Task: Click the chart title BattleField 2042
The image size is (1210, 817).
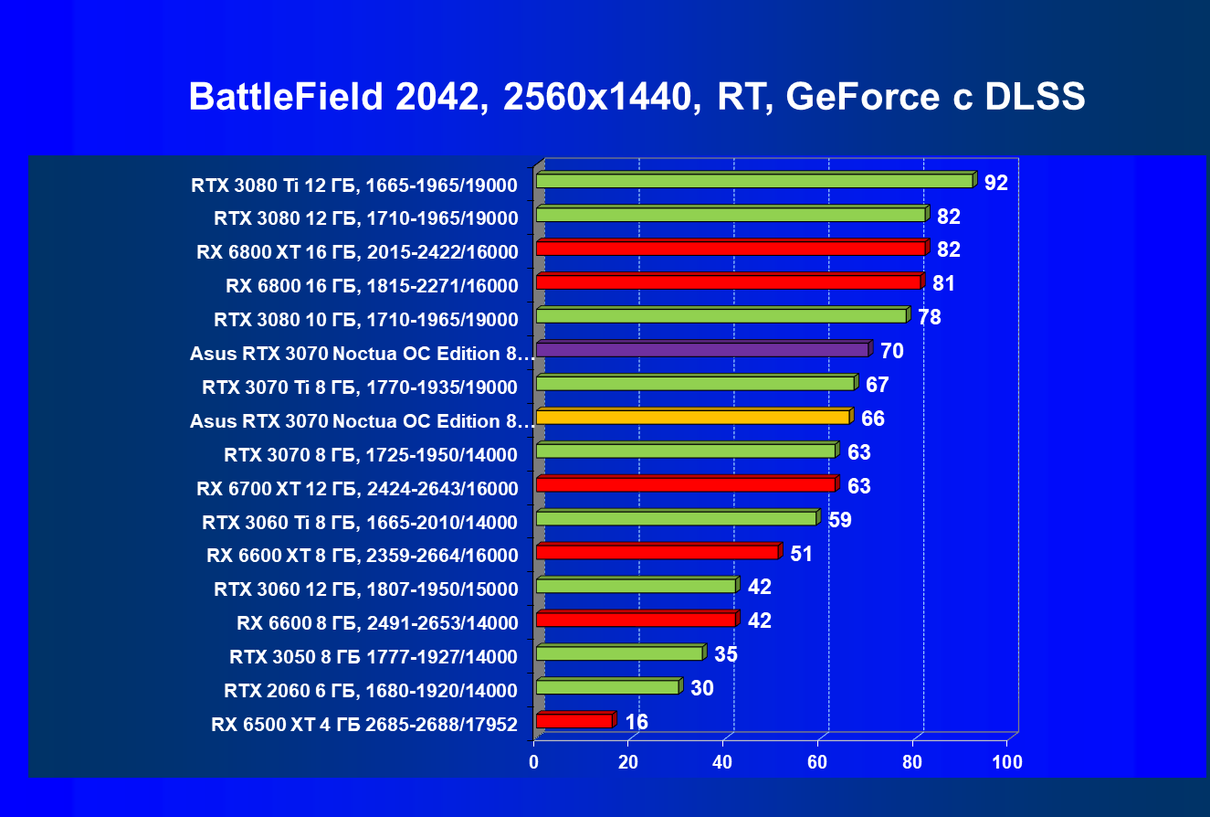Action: coord(637,97)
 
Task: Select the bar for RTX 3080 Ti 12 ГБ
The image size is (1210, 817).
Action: coord(754,181)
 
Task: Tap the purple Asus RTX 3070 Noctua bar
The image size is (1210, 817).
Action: coord(701,350)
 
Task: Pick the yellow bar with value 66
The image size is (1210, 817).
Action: coord(692,418)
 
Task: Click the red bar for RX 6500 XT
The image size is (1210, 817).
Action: coord(573,721)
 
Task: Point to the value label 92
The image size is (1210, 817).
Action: coord(995,183)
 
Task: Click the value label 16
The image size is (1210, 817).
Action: coord(637,723)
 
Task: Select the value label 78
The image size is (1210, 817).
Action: coord(929,317)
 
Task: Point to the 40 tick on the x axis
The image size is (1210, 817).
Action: coord(723,761)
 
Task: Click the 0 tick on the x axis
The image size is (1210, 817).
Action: coord(534,761)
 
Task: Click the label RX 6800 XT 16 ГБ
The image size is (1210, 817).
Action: coord(357,252)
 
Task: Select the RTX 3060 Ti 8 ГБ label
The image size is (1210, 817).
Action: coord(360,523)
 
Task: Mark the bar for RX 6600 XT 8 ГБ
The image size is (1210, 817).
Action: coord(657,552)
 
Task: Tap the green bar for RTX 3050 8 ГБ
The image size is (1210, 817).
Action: coord(619,653)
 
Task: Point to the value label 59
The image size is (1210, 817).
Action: coord(840,520)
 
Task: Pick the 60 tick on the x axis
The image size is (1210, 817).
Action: coord(818,761)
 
